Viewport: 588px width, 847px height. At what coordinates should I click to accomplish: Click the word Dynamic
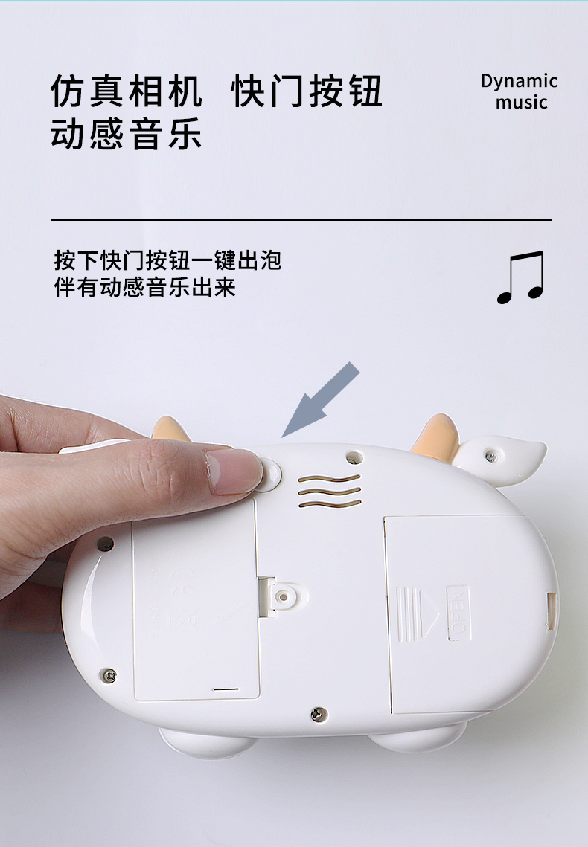pyautogui.click(x=519, y=82)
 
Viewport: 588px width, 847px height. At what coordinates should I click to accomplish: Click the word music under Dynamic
pyautogui.click(x=522, y=102)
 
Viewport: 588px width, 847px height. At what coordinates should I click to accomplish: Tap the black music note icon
pyautogui.click(x=520, y=277)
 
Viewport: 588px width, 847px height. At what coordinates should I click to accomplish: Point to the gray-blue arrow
pyautogui.click(x=321, y=400)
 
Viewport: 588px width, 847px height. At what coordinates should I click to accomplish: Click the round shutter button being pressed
pyautogui.click(x=272, y=473)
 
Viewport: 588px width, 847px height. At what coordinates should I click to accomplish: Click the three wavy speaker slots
pyautogui.click(x=329, y=491)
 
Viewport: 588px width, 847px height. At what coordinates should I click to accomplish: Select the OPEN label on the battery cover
pyautogui.click(x=458, y=613)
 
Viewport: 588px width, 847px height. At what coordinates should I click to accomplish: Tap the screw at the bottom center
pyautogui.click(x=319, y=715)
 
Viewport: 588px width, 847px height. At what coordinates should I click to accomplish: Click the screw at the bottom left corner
pyautogui.click(x=109, y=675)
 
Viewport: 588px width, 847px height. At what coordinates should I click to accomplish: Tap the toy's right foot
pyautogui.click(x=419, y=738)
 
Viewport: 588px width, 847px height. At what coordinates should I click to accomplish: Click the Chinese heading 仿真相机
pyautogui.click(x=127, y=91)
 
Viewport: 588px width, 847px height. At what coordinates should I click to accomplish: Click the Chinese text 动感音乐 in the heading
pyautogui.click(x=127, y=135)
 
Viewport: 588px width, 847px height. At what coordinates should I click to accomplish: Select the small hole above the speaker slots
pyautogui.click(x=354, y=457)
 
